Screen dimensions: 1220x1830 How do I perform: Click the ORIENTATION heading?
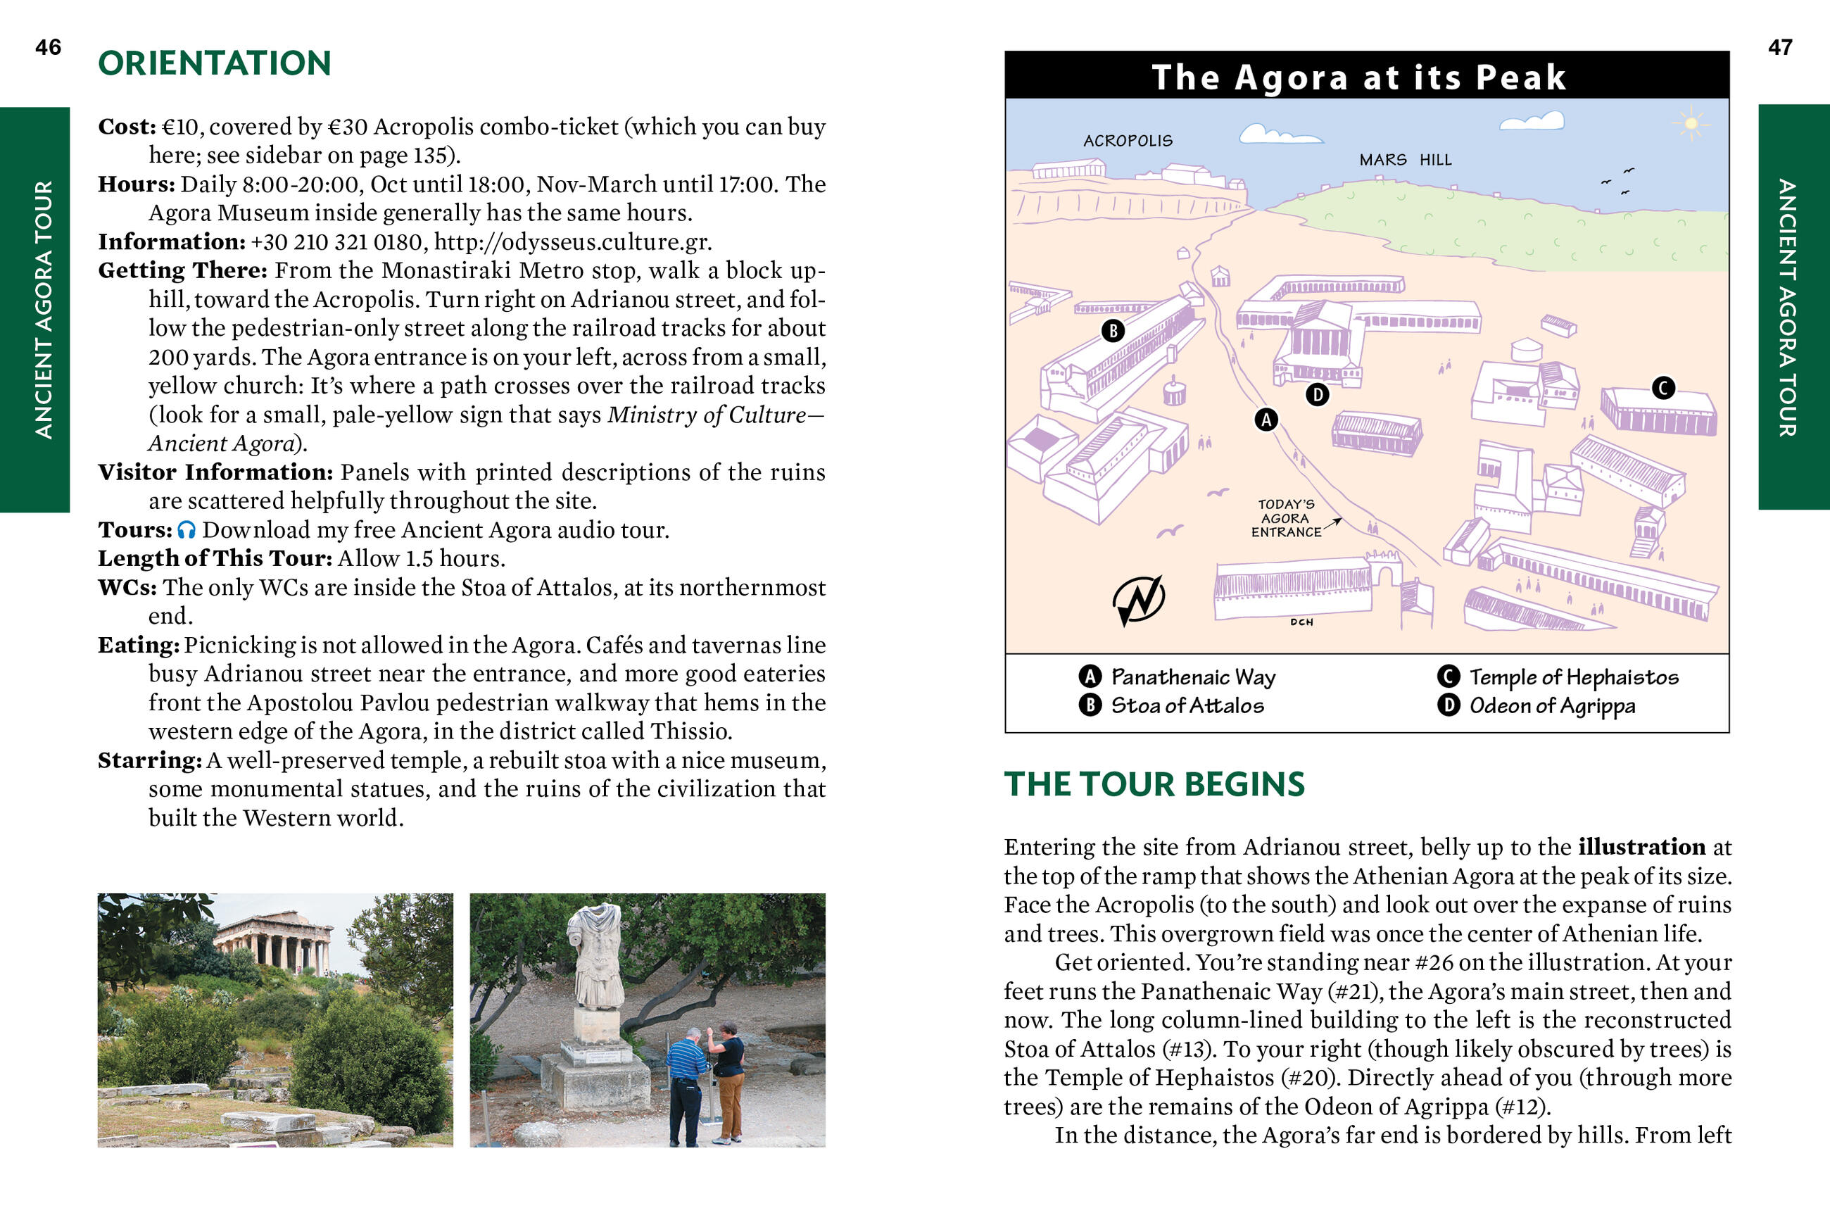[215, 64]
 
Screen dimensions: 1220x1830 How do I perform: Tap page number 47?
[1779, 47]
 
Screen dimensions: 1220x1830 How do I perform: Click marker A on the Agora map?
[1266, 420]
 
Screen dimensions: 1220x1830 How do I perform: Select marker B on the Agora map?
[1113, 331]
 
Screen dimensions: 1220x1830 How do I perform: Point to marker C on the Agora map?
[1662, 389]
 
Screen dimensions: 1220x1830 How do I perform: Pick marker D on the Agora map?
[1317, 395]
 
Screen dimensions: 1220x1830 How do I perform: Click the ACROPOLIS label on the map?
[1128, 141]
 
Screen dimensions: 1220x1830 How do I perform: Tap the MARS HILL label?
[1405, 161]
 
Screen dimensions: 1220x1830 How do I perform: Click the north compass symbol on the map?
[1138, 599]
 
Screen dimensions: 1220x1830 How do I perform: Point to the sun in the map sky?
[1690, 124]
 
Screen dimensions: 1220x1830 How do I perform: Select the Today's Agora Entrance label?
[1287, 518]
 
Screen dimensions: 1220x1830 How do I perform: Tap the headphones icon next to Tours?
[187, 530]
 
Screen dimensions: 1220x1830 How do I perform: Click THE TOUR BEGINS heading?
[1154, 784]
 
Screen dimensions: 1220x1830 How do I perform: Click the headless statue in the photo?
[597, 957]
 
